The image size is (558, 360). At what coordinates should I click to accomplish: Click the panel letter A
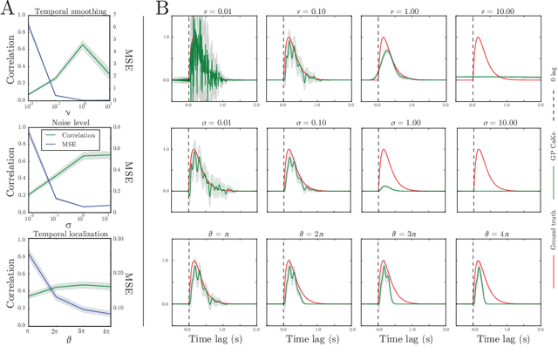pyautogui.click(x=10, y=10)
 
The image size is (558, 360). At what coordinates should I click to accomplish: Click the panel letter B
pyautogui.click(x=162, y=10)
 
